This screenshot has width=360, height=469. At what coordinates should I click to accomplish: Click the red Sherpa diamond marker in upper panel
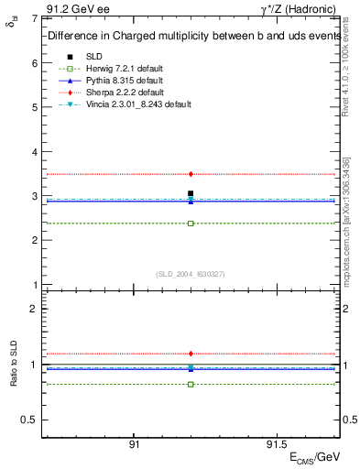191,174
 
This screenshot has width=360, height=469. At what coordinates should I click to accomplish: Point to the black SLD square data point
191,193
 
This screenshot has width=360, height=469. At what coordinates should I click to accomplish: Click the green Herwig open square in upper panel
191,224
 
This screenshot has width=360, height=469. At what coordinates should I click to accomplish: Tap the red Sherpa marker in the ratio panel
191,354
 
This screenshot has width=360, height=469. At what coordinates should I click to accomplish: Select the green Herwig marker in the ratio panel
191,384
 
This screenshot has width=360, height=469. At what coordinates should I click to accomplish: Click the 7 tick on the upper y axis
34,18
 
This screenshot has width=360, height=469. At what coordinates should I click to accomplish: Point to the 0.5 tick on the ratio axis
29,420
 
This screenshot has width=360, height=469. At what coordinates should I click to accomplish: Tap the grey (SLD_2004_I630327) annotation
191,274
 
